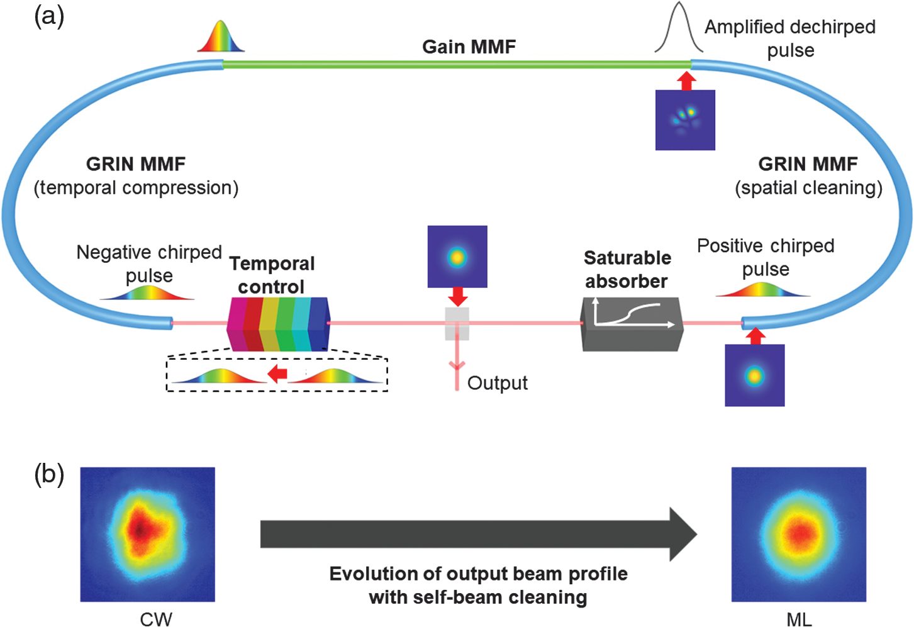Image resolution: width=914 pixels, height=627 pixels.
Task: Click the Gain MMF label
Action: click(x=469, y=47)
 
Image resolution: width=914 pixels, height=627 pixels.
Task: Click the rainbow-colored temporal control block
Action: click(x=277, y=324)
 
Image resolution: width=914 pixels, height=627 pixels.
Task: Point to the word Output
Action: click(x=497, y=383)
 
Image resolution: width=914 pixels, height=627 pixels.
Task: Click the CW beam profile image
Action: click(x=148, y=534)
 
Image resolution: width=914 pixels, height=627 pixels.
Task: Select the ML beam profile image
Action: click(x=799, y=534)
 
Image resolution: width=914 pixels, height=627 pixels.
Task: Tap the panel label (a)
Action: click(x=49, y=16)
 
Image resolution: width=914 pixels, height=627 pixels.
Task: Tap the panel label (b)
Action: click(x=49, y=475)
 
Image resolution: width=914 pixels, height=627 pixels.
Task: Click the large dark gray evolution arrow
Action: click(x=478, y=534)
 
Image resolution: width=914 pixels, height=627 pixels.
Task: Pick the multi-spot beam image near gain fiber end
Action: click(x=685, y=120)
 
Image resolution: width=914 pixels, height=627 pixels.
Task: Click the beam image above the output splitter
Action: click(x=457, y=257)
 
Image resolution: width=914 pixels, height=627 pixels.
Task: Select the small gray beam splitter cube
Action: click(x=457, y=323)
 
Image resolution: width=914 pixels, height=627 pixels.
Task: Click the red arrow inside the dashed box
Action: click(x=277, y=374)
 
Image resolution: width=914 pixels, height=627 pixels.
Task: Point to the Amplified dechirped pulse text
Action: click(x=790, y=38)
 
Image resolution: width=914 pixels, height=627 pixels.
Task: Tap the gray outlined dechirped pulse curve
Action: click(x=678, y=28)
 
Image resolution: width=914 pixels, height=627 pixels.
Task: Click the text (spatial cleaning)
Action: click(x=808, y=187)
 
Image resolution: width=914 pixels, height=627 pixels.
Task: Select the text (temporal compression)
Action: click(x=136, y=187)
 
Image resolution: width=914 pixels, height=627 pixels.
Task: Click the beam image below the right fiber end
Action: click(x=754, y=375)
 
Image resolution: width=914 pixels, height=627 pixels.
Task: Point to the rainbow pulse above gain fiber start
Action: click(x=221, y=36)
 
